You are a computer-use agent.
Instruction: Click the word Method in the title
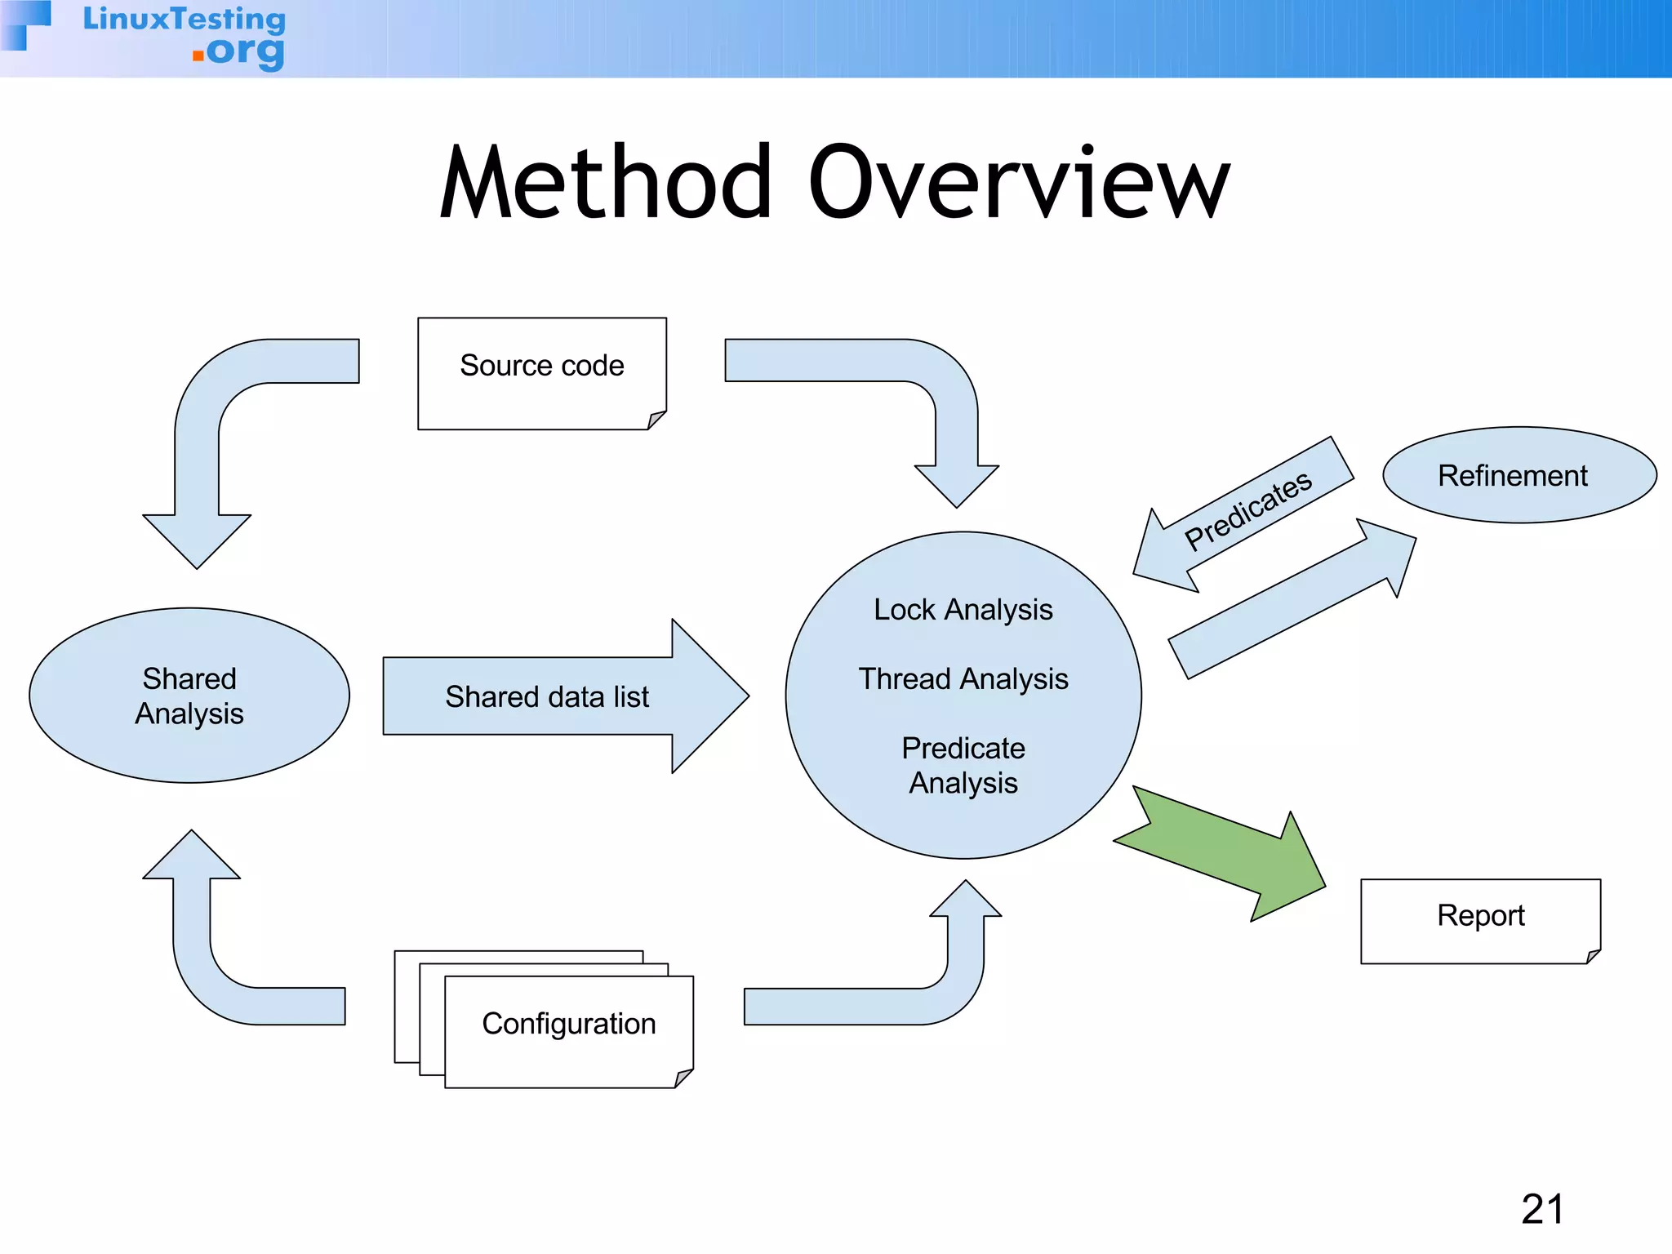tap(606, 183)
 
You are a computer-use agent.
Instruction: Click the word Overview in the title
tap(1018, 183)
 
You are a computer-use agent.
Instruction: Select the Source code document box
tap(542, 372)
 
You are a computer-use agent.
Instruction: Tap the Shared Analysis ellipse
tap(189, 696)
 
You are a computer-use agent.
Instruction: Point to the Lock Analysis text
tap(963, 610)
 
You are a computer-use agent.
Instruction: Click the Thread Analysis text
tap(963, 679)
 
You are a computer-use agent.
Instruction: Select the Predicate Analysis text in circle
tap(963, 765)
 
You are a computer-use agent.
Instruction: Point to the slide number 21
tap(1542, 1209)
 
